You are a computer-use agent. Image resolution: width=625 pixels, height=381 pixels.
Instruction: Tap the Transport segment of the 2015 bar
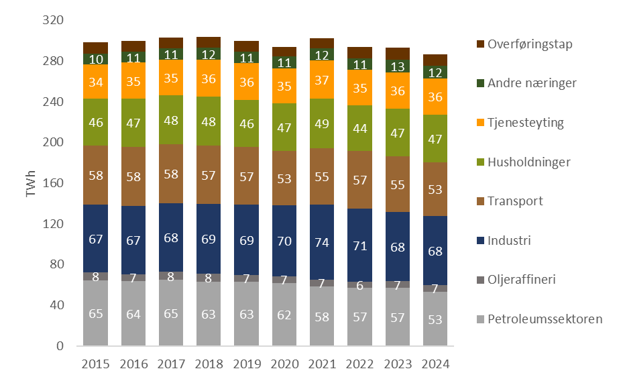[x=96, y=174]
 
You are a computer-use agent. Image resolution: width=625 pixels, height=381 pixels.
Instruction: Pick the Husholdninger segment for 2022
[x=359, y=127]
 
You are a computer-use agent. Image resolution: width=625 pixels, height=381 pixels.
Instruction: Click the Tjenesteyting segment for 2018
[x=209, y=78]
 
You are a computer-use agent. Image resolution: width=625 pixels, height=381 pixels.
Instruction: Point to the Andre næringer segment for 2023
[x=398, y=66]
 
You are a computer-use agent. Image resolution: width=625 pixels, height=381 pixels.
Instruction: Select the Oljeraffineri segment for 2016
[x=133, y=277]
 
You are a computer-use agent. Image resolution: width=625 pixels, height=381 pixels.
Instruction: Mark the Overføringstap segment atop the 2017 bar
[x=171, y=42]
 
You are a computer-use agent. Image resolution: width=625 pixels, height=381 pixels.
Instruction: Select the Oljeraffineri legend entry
[x=522, y=280]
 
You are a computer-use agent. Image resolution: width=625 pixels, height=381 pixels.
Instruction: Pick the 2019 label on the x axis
[x=247, y=364]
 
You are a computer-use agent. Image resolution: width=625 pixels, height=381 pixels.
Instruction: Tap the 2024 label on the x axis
[x=435, y=364]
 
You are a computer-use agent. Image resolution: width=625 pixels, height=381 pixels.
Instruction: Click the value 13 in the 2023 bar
[x=398, y=66]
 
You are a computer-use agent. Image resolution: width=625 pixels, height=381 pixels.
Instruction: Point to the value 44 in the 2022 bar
[x=359, y=127]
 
